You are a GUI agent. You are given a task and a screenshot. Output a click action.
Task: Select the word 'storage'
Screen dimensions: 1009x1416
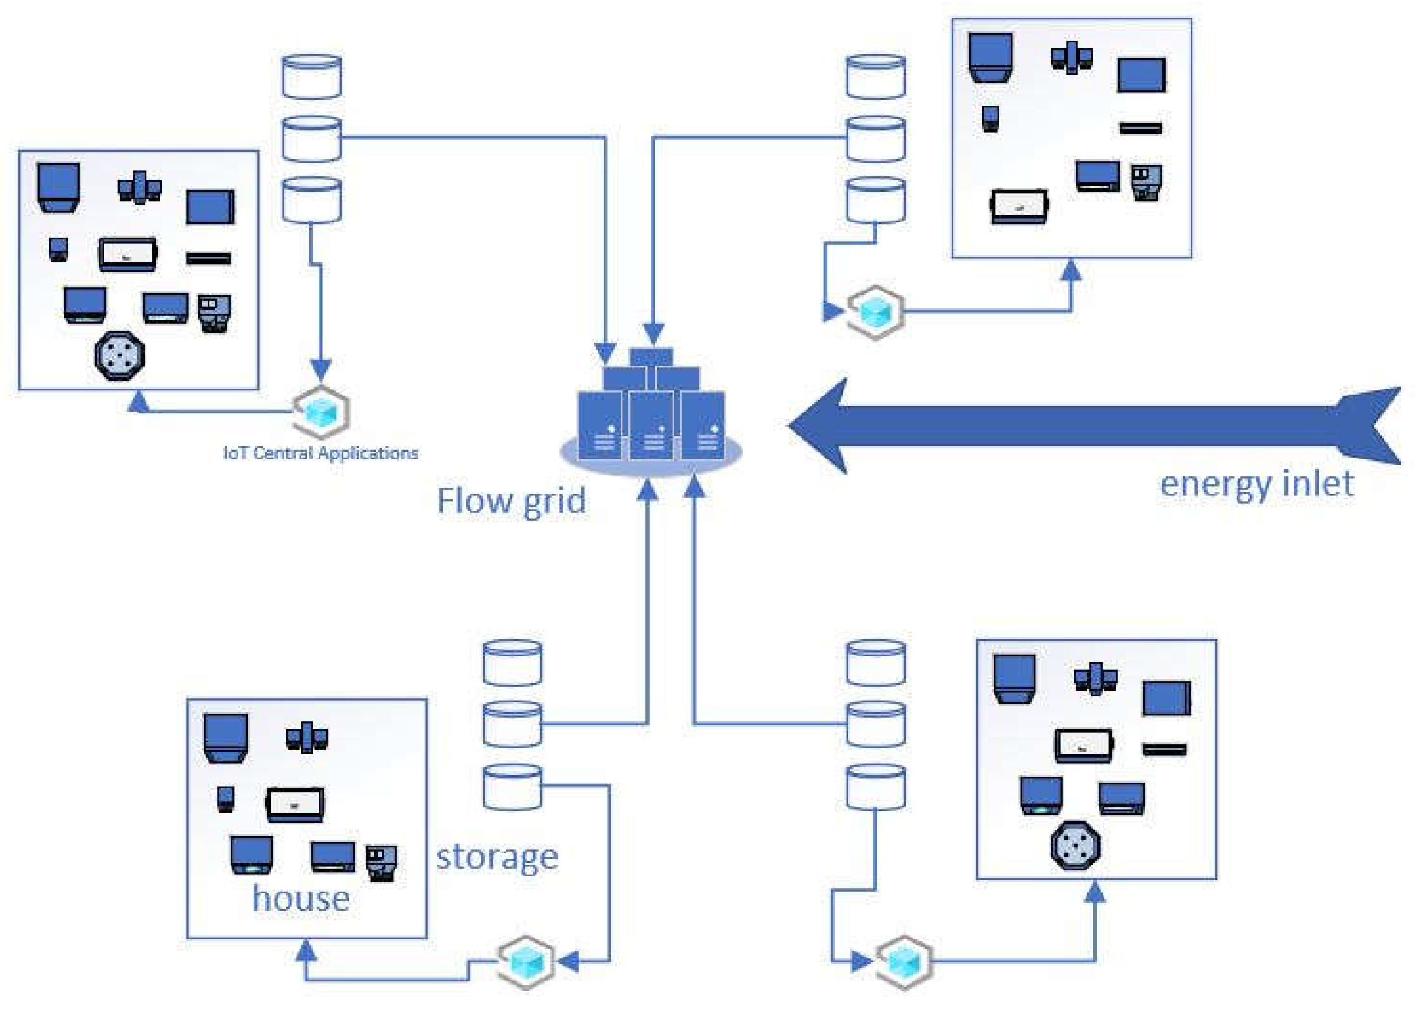click(497, 857)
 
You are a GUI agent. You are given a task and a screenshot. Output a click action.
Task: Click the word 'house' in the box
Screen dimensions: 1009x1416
click(300, 898)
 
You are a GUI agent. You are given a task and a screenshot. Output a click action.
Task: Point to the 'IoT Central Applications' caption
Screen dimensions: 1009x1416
click(320, 453)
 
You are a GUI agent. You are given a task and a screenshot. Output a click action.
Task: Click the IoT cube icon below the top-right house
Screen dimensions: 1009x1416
click(875, 312)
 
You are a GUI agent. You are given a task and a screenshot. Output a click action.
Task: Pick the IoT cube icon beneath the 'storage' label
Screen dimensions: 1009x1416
click(526, 962)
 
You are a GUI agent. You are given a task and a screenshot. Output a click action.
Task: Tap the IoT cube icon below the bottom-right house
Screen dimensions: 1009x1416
click(904, 962)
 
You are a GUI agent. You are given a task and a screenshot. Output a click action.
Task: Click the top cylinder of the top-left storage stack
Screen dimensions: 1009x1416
click(312, 77)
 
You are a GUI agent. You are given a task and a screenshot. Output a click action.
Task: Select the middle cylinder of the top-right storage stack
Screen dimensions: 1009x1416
click(875, 139)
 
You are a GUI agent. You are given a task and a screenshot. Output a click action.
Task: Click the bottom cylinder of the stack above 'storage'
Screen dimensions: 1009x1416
click(512, 787)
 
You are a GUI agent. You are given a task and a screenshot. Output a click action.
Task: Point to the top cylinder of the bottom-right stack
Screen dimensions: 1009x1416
click(875, 663)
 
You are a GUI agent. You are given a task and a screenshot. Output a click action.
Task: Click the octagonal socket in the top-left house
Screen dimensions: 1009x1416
click(119, 356)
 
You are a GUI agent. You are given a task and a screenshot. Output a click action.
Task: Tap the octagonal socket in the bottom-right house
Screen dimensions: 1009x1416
click(1075, 845)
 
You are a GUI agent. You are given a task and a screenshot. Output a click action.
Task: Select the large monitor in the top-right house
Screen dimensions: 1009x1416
click(1140, 75)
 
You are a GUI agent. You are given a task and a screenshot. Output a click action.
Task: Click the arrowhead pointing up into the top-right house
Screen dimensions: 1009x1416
click(1070, 269)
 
